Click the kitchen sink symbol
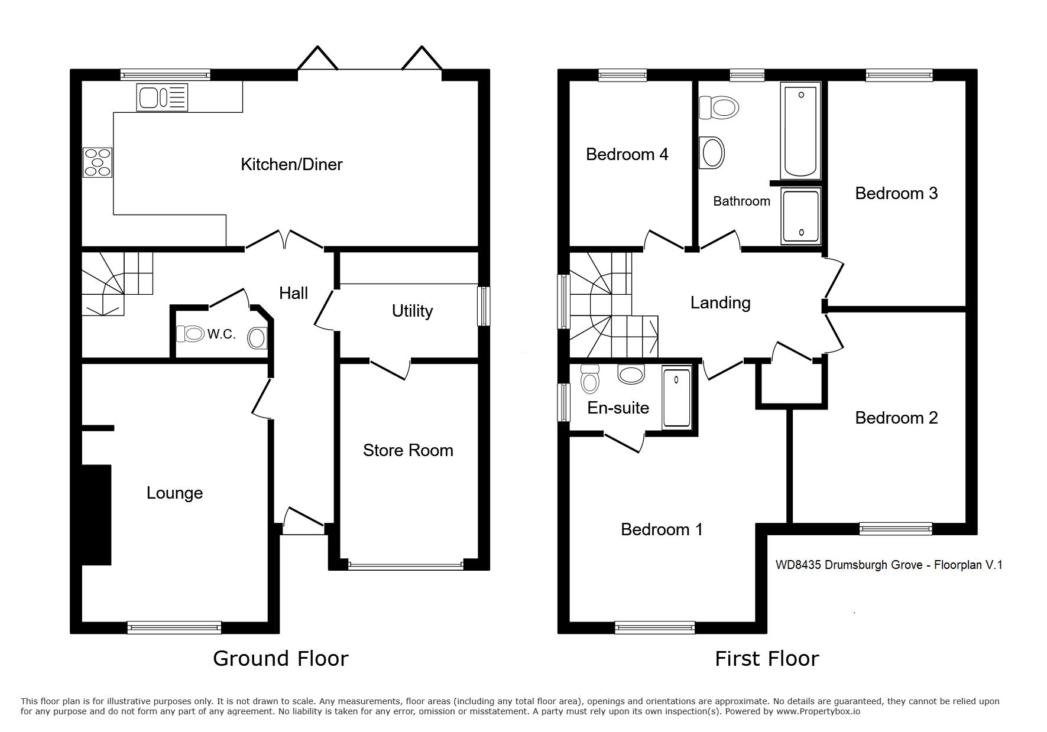162,97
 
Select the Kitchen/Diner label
291,164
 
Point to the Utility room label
412,311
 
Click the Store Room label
408,450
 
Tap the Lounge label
174,493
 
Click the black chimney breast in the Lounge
96,515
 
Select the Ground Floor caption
281,658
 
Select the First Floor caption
767,658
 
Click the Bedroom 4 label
627,154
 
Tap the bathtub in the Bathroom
800,131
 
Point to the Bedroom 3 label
896,193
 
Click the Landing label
720,302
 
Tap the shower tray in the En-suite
676,397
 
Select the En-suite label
618,408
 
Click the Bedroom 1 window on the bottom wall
655,627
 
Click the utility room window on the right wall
484,306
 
